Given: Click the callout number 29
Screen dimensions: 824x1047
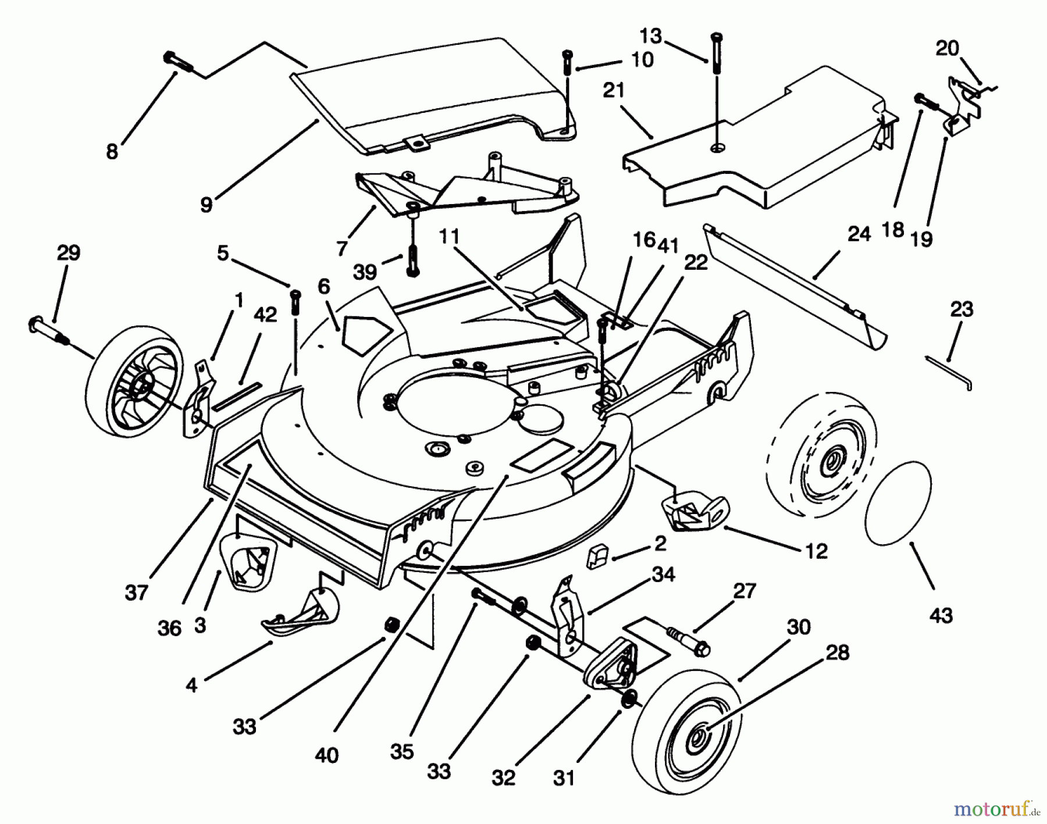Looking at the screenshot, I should pyautogui.click(x=68, y=254).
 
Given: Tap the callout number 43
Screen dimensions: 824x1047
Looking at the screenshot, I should pyautogui.click(x=941, y=615).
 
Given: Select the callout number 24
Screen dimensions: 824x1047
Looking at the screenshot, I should pyautogui.click(x=859, y=234).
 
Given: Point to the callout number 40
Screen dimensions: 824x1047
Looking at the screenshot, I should pyautogui.click(x=326, y=755).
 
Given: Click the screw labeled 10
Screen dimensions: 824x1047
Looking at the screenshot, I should pyautogui.click(x=568, y=63).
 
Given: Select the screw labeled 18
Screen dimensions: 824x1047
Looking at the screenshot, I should pyautogui.click(x=927, y=101).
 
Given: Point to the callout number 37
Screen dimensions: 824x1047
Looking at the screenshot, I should pyautogui.click(x=136, y=593).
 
